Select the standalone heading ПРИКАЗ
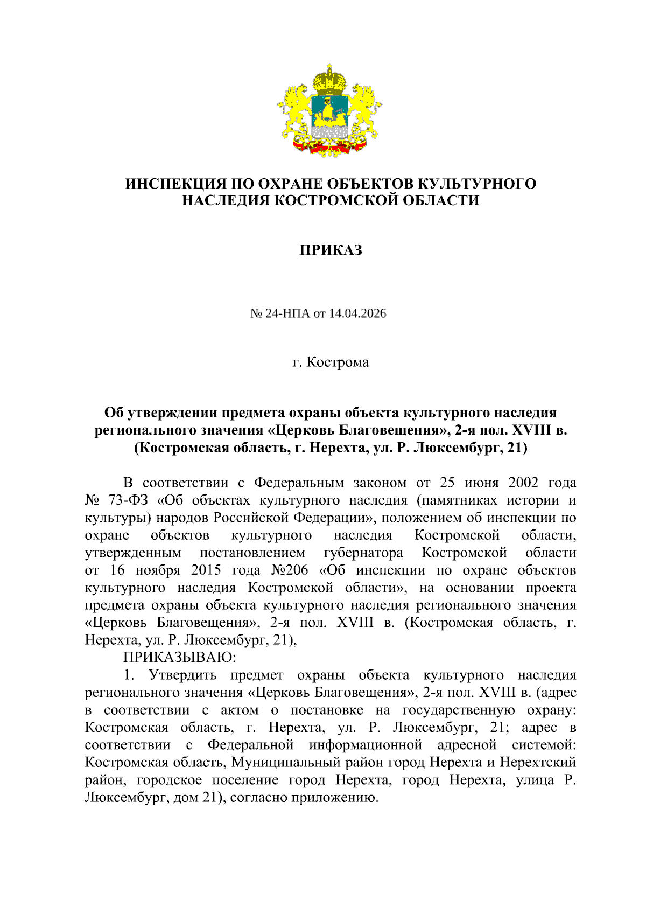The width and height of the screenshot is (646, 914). coord(331,250)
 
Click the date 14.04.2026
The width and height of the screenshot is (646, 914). coord(358,313)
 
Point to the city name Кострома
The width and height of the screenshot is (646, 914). coord(338,362)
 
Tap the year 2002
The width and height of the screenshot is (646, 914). coord(523,483)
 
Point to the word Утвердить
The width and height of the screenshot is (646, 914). coord(182,675)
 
